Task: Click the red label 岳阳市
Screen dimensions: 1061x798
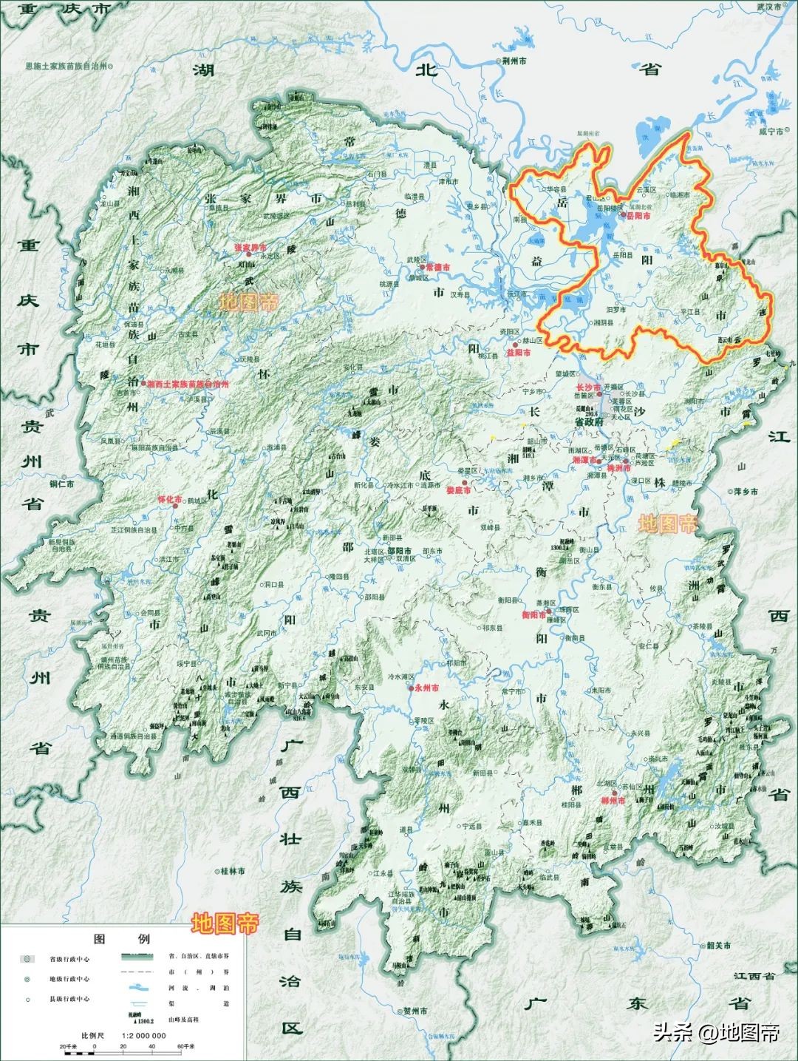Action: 638,217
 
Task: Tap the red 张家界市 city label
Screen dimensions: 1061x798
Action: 249,248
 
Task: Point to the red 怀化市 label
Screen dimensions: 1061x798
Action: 170,499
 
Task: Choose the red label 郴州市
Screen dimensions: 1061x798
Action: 614,800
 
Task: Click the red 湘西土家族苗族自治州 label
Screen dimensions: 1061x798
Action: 188,384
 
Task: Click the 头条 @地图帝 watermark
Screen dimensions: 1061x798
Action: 715,1033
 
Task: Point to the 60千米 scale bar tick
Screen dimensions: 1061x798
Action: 185,1046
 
